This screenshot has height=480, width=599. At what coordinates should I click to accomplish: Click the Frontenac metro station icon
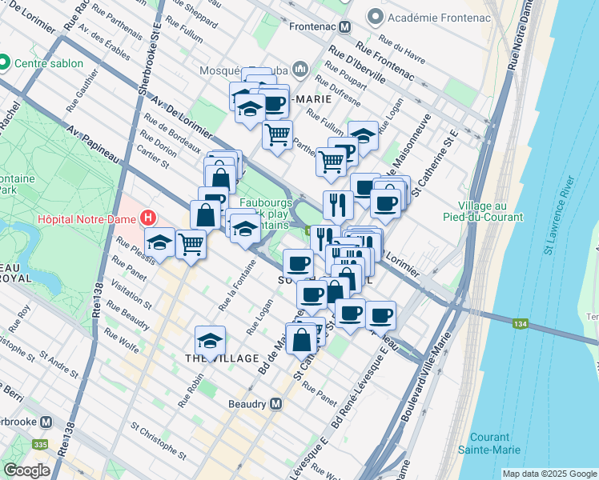(345, 26)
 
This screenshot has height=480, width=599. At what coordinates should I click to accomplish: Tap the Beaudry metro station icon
(275, 404)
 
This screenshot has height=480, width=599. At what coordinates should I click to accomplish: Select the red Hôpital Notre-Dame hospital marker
(147, 217)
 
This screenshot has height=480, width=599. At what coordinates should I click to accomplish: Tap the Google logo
(26, 470)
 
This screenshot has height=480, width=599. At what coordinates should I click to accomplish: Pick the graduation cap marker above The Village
(210, 341)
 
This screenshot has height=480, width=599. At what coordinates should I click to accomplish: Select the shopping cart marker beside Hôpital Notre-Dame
(191, 243)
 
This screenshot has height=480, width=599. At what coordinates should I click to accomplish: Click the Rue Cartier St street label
(155, 157)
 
